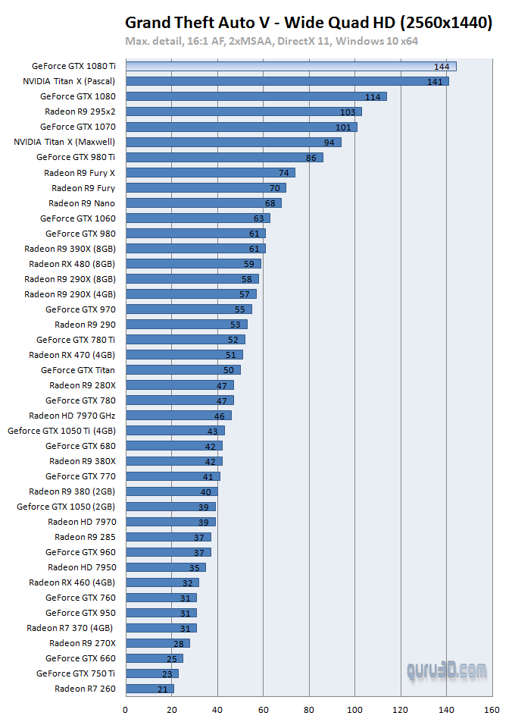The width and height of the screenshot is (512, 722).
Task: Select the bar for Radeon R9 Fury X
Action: coord(210,173)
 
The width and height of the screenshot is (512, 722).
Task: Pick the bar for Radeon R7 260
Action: coord(149,689)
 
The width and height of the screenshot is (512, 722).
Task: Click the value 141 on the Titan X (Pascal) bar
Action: coord(435,82)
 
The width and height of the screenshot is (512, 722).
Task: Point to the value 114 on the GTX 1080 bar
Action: coord(373,97)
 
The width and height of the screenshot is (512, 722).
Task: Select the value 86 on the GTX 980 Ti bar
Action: coord(311,158)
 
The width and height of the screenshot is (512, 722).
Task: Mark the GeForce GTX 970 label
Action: coord(80,309)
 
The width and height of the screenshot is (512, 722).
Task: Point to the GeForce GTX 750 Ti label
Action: coord(76,673)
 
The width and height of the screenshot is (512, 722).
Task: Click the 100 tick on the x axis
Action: coord(354,711)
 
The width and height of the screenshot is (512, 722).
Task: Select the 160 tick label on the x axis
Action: coord(492,711)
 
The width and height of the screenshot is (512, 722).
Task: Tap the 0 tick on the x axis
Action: coord(126,711)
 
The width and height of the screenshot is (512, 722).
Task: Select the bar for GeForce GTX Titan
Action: coord(183,370)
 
